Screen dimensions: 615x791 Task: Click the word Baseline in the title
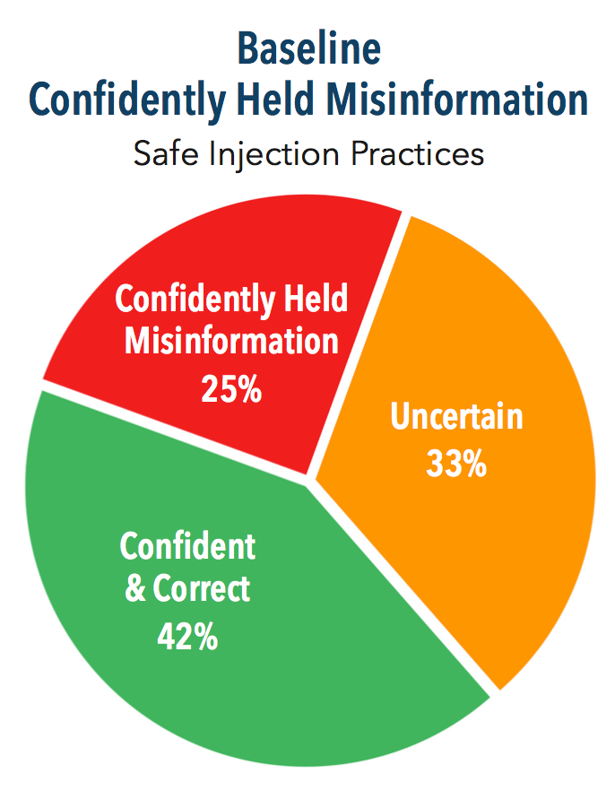tap(308, 48)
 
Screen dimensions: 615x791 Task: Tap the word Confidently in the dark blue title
tap(126, 100)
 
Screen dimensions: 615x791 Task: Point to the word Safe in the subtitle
tap(165, 153)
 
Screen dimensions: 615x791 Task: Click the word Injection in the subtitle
tap(273, 155)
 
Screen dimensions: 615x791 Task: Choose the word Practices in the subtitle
tap(418, 153)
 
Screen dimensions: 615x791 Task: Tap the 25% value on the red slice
tap(231, 389)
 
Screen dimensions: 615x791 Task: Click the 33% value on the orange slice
tap(456, 464)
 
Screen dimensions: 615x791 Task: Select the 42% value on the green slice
tap(187, 637)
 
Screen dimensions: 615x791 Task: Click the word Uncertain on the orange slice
tap(456, 417)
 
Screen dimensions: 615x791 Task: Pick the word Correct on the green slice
tap(201, 588)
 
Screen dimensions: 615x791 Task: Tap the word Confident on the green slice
tap(187, 545)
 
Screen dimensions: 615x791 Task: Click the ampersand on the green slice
tap(135, 588)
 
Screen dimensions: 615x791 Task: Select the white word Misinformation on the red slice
tap(231, 341)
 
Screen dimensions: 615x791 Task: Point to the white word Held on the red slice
tap(316, 298)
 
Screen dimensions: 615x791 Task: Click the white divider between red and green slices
tap(174, 432)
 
